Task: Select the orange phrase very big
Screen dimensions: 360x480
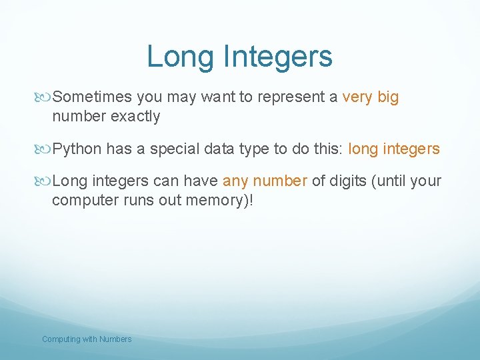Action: pyautogui.click(x=370, y=97)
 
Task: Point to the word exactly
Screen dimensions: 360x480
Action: pyautogui.click(x=135, y=116)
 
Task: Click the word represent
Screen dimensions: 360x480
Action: pyautogui.click(x=291, y=97)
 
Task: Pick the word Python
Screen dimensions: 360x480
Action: pyautogui.click(x=77, y=149)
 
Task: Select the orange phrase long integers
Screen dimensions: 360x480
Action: pyautogui.click(x=394, y=149)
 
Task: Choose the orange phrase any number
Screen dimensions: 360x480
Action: pyautogui.click(x=265, y=181)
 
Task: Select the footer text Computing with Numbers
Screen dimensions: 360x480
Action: pyautogui.click(x=87, y=339)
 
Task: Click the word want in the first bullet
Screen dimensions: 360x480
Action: pyautogui.click(x=219, y=97)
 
